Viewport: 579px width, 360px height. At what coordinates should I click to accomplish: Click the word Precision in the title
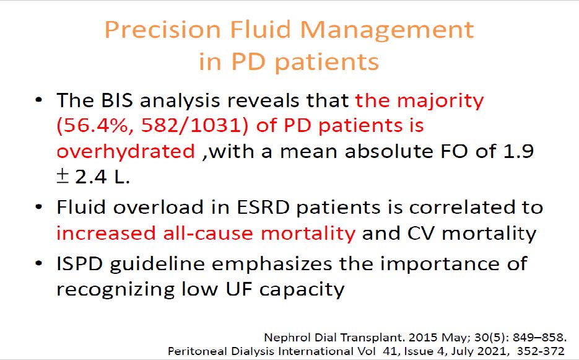pos(162,30)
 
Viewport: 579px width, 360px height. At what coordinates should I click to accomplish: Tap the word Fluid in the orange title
pos(260,30)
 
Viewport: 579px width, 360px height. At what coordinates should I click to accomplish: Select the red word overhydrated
pos(126,152)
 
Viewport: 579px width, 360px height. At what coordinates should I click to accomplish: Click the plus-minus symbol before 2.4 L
pos(63,177)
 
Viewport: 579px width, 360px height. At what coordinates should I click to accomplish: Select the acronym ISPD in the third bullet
pos(79,264)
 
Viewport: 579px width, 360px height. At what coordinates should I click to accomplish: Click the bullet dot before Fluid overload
pos(38,208)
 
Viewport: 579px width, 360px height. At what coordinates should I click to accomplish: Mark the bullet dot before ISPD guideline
pos(38,265)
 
